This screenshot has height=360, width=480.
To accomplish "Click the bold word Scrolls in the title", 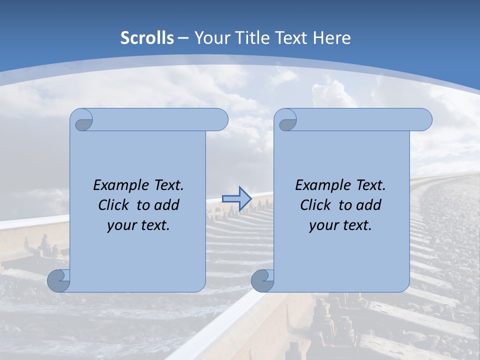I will click(x=147, y=38).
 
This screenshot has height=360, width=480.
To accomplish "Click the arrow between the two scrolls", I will click(x=236, y=198).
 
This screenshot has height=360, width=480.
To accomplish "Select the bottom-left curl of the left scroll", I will click(x=59, y=280).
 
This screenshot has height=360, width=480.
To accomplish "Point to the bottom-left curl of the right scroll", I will click(x=262, y=280).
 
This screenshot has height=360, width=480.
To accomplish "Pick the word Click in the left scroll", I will click(x=113, y=205).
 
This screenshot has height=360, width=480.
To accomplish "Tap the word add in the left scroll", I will click(x=166, y=205).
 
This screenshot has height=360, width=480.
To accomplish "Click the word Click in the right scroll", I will click(x=315, y=205).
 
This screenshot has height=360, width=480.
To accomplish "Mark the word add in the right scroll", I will click(x=368, y=205).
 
